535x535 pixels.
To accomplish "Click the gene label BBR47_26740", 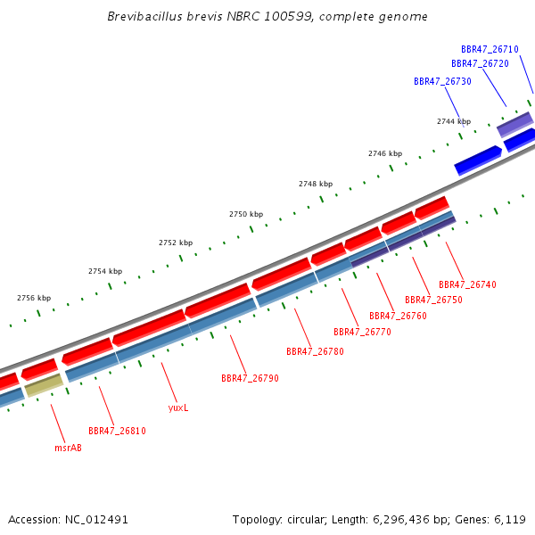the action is point(467,284).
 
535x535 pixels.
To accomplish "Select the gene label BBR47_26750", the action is point(433,300).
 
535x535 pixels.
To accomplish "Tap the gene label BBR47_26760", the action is point(399,316).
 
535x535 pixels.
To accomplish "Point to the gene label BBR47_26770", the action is point(362,332).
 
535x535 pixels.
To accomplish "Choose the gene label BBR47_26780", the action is point(316,351).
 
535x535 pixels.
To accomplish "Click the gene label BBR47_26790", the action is point(250,378).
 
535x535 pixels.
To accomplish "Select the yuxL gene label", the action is point(178,407).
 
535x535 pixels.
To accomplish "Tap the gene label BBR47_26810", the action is point(117,431).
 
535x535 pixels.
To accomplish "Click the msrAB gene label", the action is point(69,448).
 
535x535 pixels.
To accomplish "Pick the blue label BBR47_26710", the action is point(490,49).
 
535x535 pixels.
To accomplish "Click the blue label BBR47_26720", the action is point(480,64).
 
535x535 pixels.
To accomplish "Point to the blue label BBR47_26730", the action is point(442,81).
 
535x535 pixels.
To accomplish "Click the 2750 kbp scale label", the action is point(246,214).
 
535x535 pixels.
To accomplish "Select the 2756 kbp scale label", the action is point(34,298).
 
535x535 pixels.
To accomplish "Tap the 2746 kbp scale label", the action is point(385,153).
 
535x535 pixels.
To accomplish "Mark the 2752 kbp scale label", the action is point(176,243).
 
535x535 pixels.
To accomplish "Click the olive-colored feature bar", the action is point(44,385).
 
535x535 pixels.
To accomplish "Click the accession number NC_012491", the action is point(96,520).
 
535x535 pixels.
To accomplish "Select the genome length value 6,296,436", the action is point(401,520).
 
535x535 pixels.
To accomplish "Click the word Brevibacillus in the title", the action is point(145,16).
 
